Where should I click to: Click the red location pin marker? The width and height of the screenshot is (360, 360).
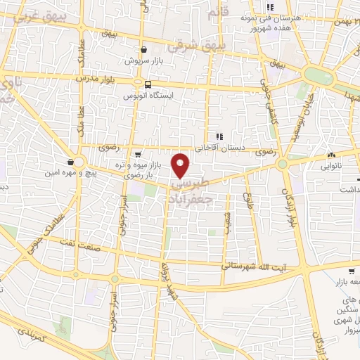(181, 164)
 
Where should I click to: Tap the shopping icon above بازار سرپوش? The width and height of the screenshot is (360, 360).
(143, 50)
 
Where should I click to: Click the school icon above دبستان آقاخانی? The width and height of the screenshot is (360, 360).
(219, 136)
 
